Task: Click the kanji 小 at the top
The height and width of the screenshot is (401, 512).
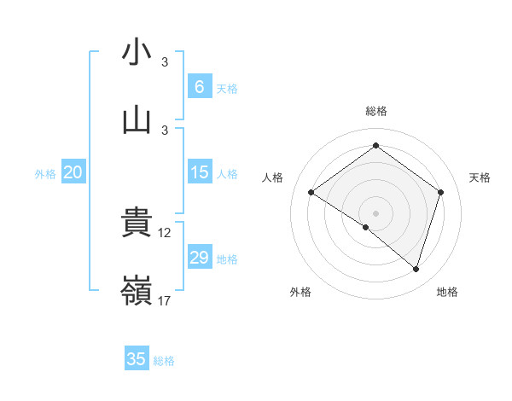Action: click(137, 52)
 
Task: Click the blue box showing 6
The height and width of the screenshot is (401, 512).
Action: click(199, 87)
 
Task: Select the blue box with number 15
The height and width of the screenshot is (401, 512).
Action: click(199, 173)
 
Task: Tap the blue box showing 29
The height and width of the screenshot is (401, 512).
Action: click(199, 258)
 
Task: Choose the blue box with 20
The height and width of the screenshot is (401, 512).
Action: click(73, 173)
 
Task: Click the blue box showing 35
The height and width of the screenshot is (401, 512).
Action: click(137, 359)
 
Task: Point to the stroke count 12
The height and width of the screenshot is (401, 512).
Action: click(166, 233)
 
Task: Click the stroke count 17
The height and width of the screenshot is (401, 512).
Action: click(166, 301)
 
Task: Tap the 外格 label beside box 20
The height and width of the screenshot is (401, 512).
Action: click(45, 174)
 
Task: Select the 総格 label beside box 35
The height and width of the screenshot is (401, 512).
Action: click(165, 360)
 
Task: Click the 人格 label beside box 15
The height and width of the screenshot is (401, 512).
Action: click(227, 174)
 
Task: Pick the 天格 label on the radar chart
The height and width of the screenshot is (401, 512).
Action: click(480, 177)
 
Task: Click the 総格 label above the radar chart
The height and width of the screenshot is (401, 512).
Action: click(376, 111)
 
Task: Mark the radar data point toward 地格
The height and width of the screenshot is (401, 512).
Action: click(416, 269)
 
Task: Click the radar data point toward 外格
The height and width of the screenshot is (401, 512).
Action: click(366, 227)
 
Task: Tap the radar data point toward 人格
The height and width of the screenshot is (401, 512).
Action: click(311, 193)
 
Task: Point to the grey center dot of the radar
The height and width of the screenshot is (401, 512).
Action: click(376, 212)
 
